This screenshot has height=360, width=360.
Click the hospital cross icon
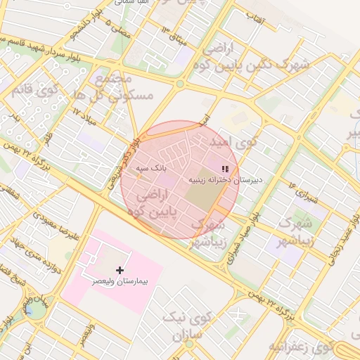point(120,270)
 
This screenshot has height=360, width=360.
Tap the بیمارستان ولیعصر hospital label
point(120,281)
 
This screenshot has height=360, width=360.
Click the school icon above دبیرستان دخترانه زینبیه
point(225,169)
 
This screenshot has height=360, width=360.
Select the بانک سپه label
point(150,169)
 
